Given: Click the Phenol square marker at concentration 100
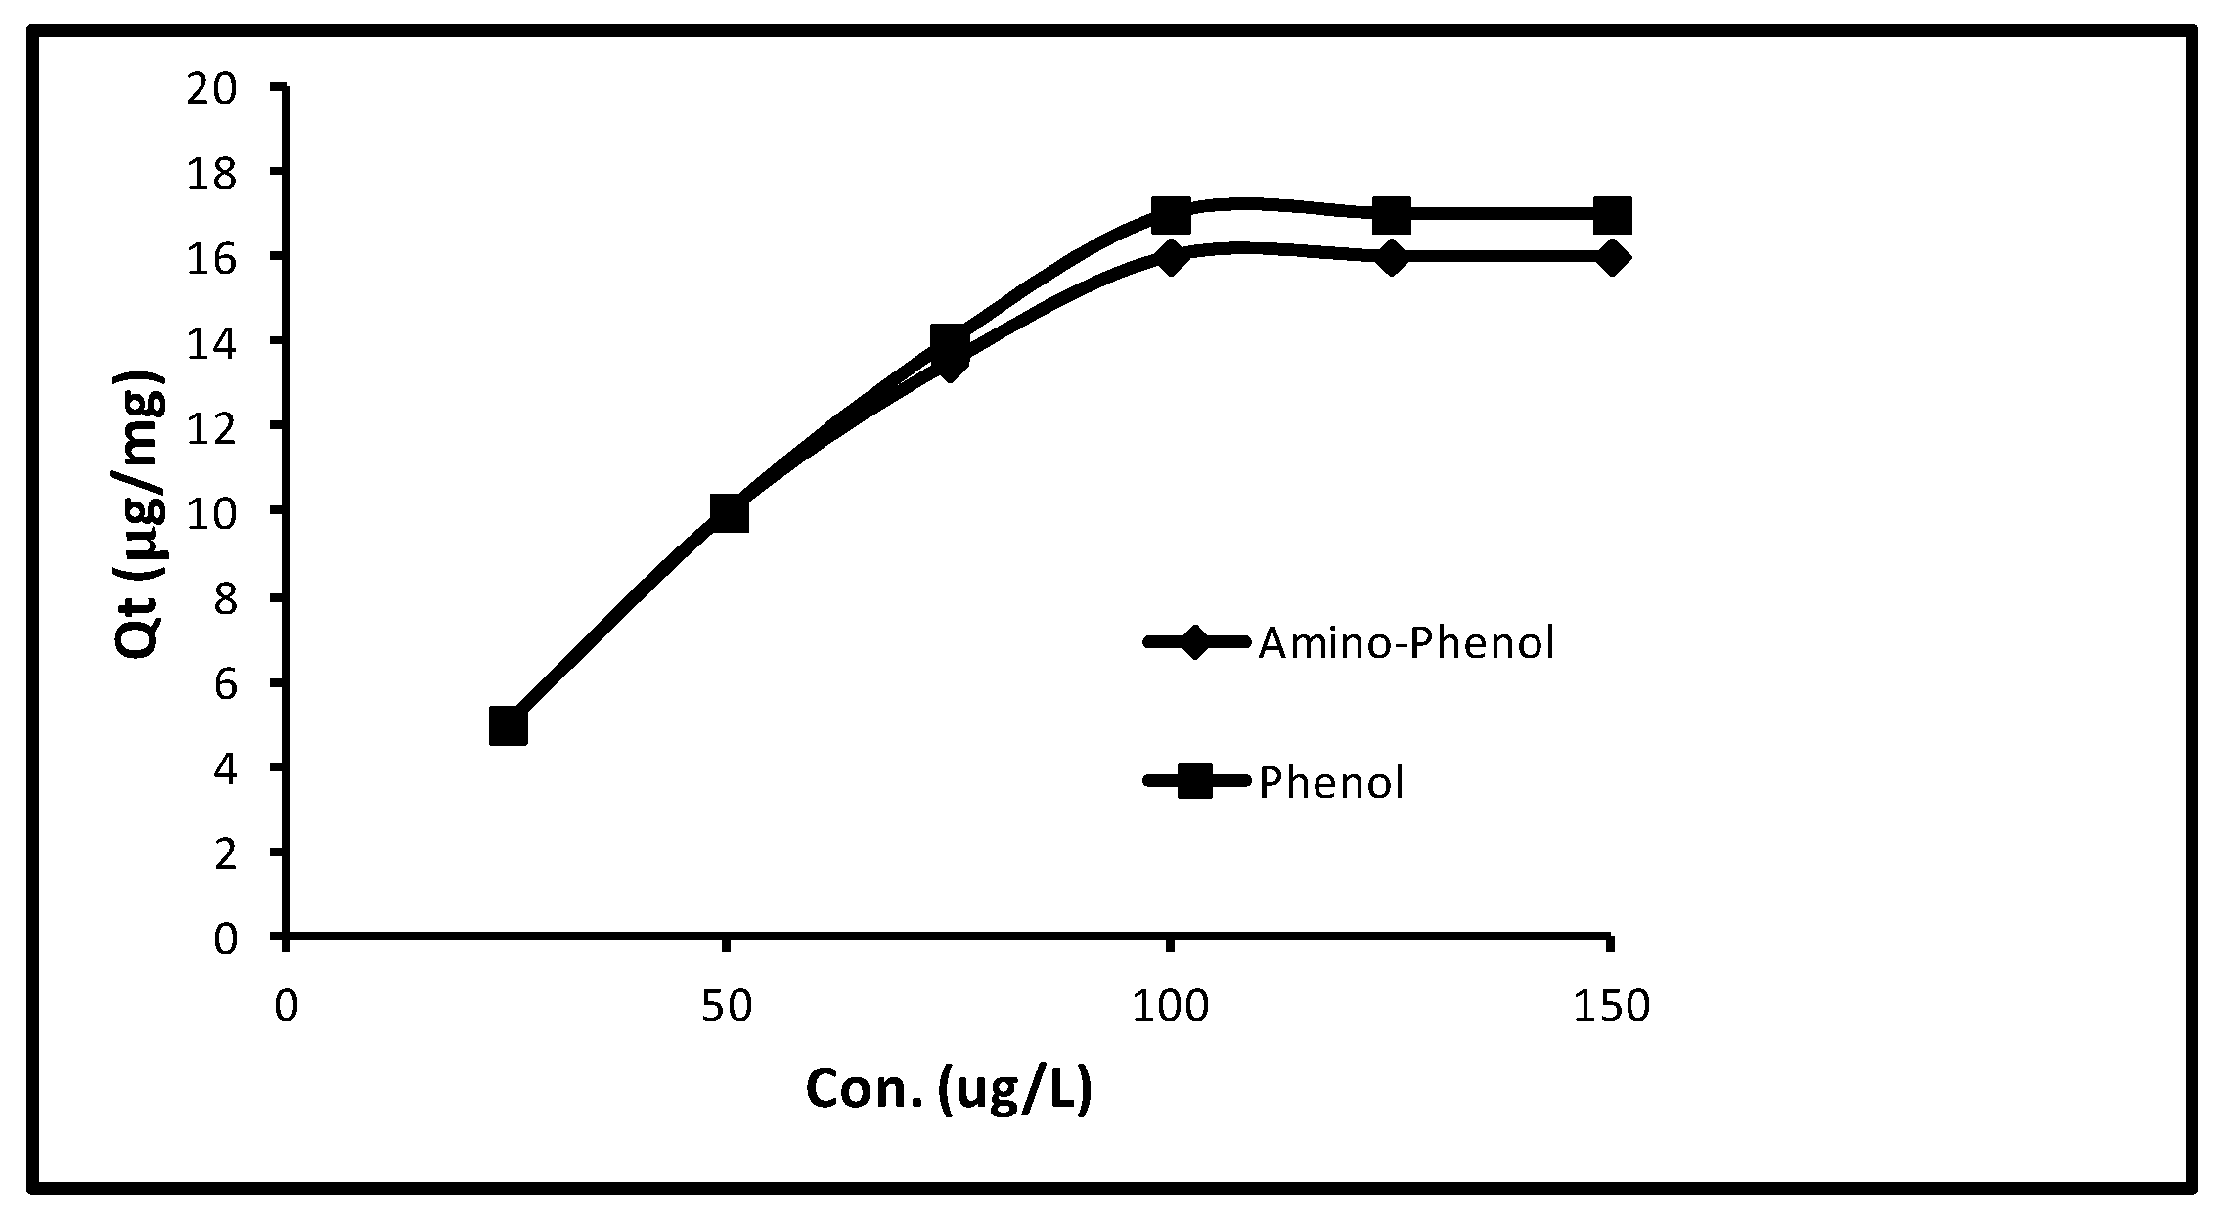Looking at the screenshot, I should (x=1170, y=214).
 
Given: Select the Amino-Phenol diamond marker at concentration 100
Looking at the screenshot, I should (x=1170, y=258).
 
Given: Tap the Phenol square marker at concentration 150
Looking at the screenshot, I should (x=1612, y=214).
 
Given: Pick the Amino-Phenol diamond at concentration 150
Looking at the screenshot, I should (x=1612, y=258).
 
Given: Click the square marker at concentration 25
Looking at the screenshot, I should (x=508, y=726).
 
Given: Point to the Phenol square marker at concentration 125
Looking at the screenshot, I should (x=1391, y=214).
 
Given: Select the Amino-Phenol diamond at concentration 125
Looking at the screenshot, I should (x=1391, y=258).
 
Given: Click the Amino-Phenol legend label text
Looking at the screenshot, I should (x=1406, y=643).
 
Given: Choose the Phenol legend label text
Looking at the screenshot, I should (x=1331, y=782).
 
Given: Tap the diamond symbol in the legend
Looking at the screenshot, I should (x=1195, y=643).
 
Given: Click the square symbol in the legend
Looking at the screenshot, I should (x=1195, y=781).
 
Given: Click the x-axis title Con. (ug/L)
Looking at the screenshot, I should (x=948, y=1089).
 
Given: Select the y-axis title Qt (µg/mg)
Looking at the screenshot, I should (x=140, y=515).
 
